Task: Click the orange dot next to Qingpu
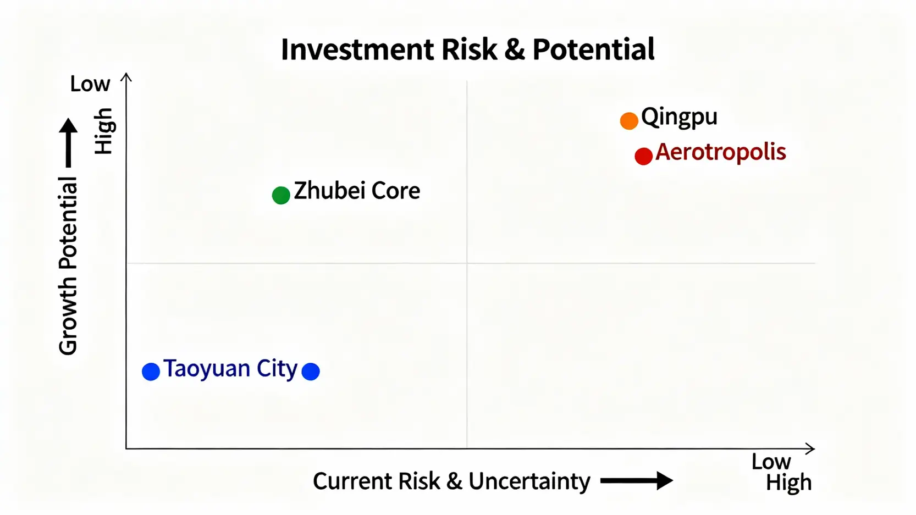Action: tap(628, 121)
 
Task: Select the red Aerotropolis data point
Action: tap(643, 156)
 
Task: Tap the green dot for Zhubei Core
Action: tap(281, 195)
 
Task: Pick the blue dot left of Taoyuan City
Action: tap(151, 372)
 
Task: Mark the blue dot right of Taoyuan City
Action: tap(311, 372)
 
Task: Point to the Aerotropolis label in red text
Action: tap(720, 152)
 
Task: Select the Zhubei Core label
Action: tap(357, 191)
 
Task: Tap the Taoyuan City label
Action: tap(230, 369)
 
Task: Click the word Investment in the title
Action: tap(357, 50)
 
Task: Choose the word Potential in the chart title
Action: tap(593, 50)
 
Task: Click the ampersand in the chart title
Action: tap(514, 50)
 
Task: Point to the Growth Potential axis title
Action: tap(68, 266)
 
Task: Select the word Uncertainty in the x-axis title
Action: tap(529, 481)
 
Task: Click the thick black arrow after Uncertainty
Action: tap(636, 481)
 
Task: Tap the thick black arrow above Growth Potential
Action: tap(68, 142)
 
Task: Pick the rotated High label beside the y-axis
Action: tap(103, 131)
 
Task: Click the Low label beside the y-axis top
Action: tap(90, 84)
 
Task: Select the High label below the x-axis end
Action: tap(788, 483)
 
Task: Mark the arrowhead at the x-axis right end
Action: tap(810, 448)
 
